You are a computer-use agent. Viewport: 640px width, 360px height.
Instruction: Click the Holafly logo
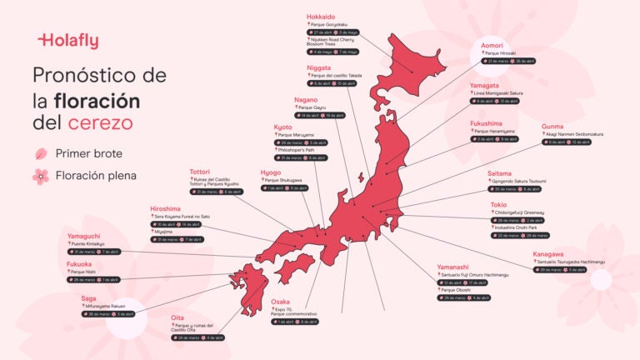(68, 39)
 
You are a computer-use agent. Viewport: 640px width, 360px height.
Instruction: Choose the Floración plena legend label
(96, 176)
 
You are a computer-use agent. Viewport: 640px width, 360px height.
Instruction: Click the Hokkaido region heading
(321, 17)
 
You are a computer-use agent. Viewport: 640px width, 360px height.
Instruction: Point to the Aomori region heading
(492, 45)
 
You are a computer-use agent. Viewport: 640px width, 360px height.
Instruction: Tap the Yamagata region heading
(484, 85)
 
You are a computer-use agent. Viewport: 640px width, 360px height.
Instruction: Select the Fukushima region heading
(486, 123)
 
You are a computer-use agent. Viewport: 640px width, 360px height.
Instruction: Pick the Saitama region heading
(500, 172)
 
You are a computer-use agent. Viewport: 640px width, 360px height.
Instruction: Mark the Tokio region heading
(499, 204)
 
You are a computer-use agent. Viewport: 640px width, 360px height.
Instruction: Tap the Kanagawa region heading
(548, 253)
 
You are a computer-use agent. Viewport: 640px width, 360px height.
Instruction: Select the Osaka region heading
(281, 302)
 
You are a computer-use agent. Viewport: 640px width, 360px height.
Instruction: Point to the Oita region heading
(177, 317)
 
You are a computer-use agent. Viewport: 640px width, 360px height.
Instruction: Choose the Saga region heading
(88, 297)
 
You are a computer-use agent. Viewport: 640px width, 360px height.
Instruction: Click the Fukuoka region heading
(79, 264)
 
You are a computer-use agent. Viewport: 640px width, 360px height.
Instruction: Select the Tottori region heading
(200, 172)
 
